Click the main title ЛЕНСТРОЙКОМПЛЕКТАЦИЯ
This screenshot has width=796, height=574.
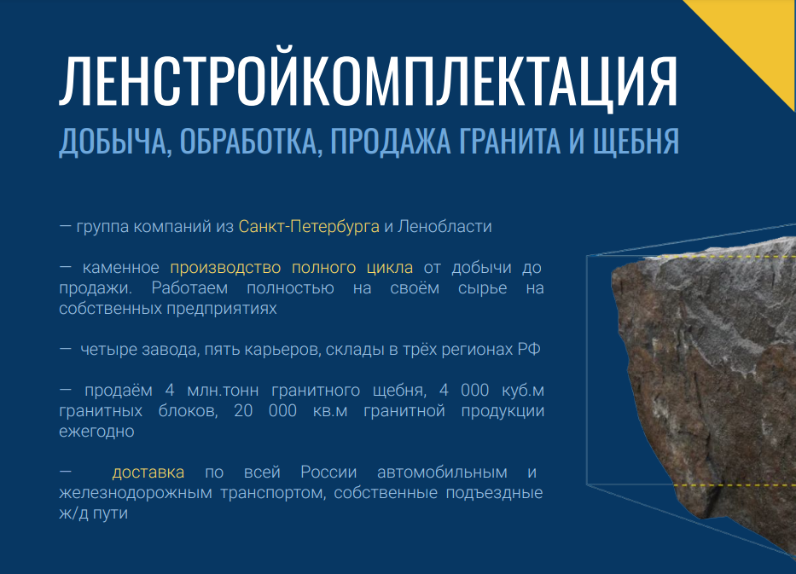click(x=369, y=80)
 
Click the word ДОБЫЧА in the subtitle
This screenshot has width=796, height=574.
click(x=113, y=142)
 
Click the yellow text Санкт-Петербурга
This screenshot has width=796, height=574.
click(x=309, y=226)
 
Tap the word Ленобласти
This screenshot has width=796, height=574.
click(x=444, y=226)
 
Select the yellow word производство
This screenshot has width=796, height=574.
click(x=225, y=268)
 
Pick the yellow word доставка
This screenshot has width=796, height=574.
click(x=148, y=473)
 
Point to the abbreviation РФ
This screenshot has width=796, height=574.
click(x=529, y=349)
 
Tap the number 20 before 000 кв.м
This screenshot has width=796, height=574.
click(x=243, y=410)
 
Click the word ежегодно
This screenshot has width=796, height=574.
click(x=96, y=432)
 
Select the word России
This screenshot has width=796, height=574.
click(x=328, y=472)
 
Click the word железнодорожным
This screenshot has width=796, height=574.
click(x=136, y=493)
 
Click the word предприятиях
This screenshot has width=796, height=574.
click(x=222, y=309)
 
